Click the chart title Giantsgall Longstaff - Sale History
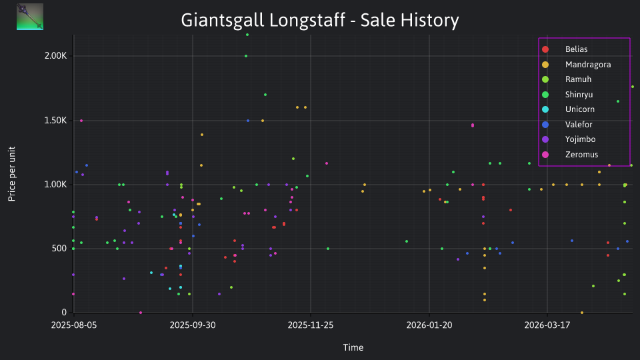point(320,20)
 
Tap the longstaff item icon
point(30,17)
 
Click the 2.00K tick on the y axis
point(55,56)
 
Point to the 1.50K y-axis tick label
point(55,121)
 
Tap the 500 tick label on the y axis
point(59,249)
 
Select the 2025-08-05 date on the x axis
point(74,325)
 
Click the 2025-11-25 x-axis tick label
point(311,325)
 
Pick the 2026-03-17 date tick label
point(547,325)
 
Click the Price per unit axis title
point(12,174)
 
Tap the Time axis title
point(353,347)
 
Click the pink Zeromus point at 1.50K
point(81,121)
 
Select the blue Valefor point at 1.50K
point(248,121)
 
